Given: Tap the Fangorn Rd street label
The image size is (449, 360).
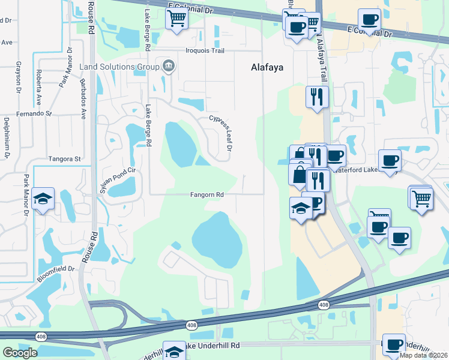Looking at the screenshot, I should click(207, 195).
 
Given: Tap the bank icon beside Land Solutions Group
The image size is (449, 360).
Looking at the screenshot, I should click(168, 65).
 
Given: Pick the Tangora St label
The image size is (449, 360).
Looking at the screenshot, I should click(65, 159).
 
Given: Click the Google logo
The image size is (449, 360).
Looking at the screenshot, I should click(20, 352).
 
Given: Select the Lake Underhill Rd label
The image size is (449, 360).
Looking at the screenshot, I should click(212, 346).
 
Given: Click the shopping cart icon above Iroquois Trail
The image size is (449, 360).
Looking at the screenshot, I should click(177, 18).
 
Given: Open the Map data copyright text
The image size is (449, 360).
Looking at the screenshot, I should click(423, 355).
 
